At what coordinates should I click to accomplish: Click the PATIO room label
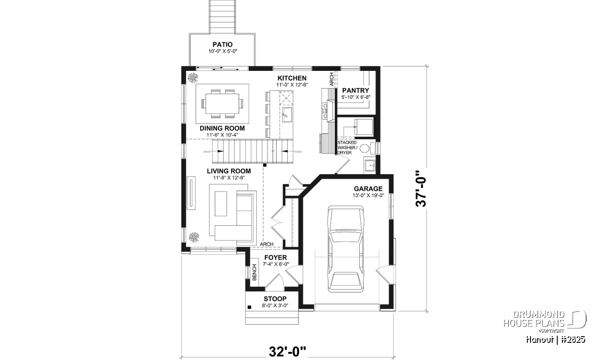[222, 44]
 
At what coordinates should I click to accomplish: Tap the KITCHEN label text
[292, 78]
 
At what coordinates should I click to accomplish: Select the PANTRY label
[356, 90]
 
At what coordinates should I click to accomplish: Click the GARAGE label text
[368, 188]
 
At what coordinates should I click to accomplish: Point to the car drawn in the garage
[346, 249]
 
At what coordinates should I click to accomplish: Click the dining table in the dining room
[222, 104]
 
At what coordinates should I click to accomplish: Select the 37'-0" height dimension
[421, 188]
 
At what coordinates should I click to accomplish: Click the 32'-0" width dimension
[287, 352]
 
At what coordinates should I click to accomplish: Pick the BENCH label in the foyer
[254, 272]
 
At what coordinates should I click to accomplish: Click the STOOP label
[275, 299]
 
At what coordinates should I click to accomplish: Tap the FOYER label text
[276, 257]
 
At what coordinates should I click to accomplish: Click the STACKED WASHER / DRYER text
[348, 147]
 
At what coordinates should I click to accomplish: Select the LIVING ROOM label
[229, 171]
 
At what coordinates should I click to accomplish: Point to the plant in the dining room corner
[193, 78]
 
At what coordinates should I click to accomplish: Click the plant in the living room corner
[194, 237]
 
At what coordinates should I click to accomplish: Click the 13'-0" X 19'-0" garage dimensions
[368, 195]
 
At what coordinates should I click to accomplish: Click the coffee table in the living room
[221, 204]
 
